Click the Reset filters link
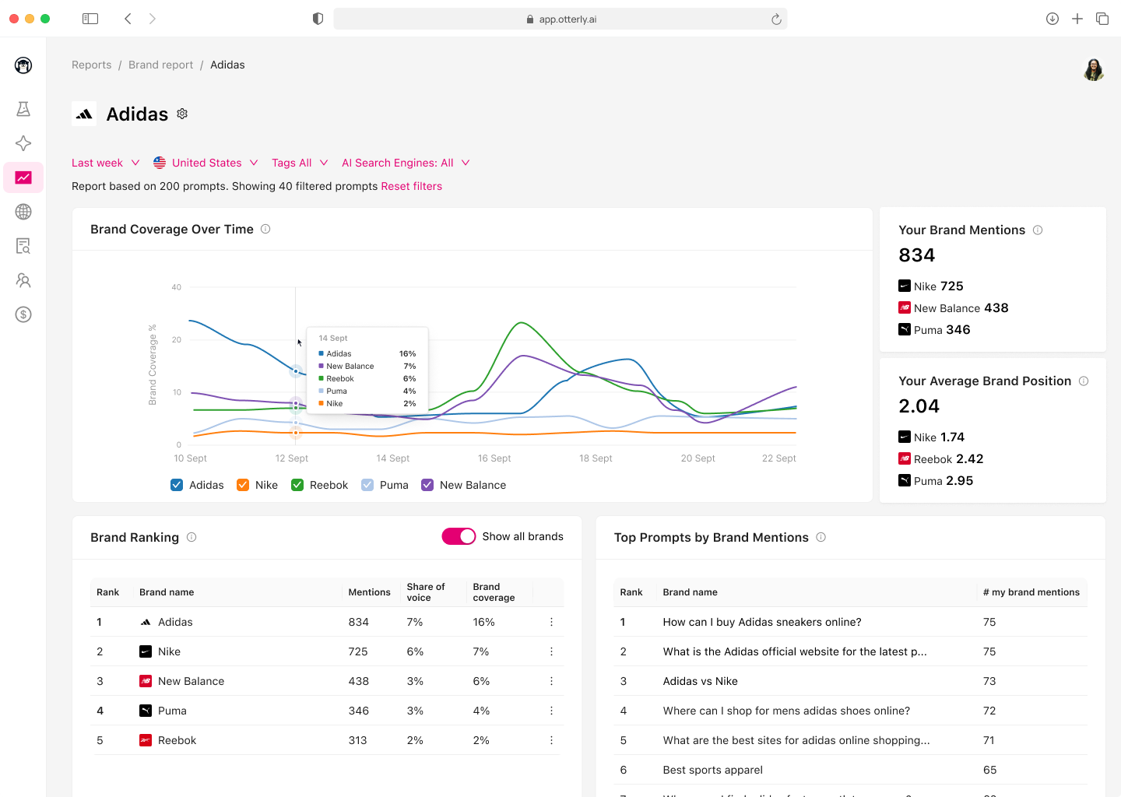[x=411, y=186]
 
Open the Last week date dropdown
[x=105, y=163]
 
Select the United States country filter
[x=206, y=163]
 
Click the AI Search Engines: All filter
[x=405, y=163]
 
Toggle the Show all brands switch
[x=459, y=536]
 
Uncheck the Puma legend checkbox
[x=367, y=485]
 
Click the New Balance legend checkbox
[x=427, y=485]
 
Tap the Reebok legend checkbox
[x=297, y=485]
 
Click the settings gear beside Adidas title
[x=182, y=114]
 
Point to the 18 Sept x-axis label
[x=596, y=458]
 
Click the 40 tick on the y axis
[x=177, y=287]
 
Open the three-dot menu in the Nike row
[x=551, y=651]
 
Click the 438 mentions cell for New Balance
[x=358, y=681]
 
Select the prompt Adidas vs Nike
[x=700, y=681]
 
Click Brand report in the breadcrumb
[x=160, y=65]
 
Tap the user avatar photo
[x=1094, y=69]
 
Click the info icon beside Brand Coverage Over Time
[x=265, y=229]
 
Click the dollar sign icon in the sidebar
[x=23, y=314]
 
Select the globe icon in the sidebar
[x=23, y=212]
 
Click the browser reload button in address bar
[x=776, y=19]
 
